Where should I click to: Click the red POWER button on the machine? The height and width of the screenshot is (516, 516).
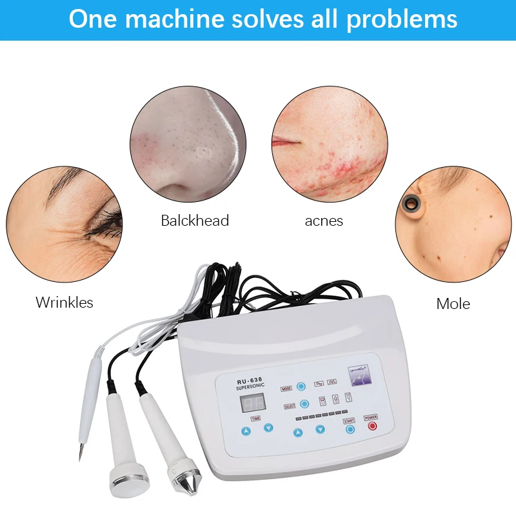[371, 426]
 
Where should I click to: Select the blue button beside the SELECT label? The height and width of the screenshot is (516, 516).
[305, 404]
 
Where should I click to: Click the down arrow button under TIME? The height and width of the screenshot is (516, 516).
[268, 427]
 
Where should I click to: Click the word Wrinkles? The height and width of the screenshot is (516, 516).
[64, 302]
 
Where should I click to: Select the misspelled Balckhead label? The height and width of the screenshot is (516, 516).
[195, 221]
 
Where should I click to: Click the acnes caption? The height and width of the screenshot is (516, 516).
[324, 221]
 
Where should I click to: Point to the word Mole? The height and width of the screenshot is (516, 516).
[453, 303]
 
